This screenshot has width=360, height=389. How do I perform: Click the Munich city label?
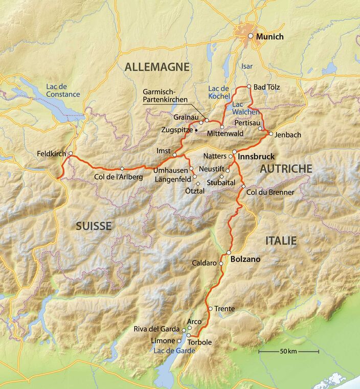[269, 37]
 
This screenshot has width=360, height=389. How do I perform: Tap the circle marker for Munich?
[251, 36]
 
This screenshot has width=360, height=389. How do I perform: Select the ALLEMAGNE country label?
[157, 67]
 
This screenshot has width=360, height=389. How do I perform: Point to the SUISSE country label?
[94, 226]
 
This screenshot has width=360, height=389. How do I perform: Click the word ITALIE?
[281, 240]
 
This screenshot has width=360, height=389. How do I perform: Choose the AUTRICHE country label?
[286, 169]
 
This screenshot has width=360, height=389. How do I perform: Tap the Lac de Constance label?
[63, 90]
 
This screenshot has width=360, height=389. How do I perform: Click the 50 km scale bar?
[288, 352]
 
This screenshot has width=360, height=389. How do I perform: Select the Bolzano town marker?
[229, 253]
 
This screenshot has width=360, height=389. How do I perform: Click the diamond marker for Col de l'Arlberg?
[122, 169]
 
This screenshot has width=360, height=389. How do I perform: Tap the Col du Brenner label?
[270, 192]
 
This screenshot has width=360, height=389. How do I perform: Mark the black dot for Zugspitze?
[196, 130]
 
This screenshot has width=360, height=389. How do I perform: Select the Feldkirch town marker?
[71, 153]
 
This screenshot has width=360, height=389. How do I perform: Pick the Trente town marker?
[210, 309]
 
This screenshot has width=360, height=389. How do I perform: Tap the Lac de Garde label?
[171, 350]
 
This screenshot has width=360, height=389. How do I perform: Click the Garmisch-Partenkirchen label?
[165, 96]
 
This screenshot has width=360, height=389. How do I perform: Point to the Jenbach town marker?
[270, 134]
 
